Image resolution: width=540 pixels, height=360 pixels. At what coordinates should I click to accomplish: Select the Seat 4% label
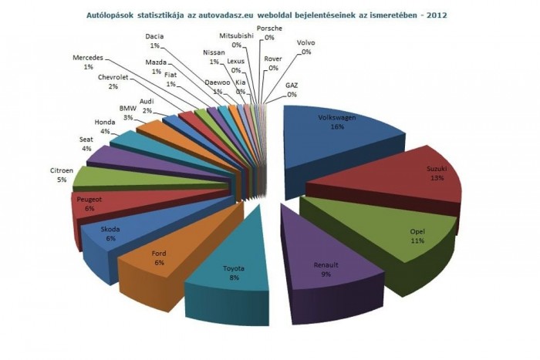86,144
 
